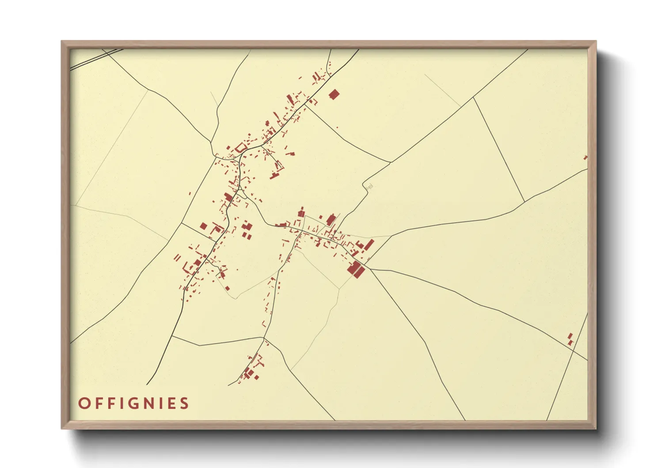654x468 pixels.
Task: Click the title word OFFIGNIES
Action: [133, 403]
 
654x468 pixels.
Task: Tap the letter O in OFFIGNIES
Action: [84, 403]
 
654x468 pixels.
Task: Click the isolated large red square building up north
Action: [334, 94]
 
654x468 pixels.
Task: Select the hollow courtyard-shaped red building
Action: [241, 147]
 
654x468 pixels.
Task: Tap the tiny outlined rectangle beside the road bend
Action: [369, 187]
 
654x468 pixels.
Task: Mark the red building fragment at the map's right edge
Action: [586, 157]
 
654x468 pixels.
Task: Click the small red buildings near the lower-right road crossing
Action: [570, 339]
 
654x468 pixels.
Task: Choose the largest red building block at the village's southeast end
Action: [356, 269]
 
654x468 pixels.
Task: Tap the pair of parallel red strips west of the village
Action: [178, 257]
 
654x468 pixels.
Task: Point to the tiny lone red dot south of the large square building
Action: [337, 127]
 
